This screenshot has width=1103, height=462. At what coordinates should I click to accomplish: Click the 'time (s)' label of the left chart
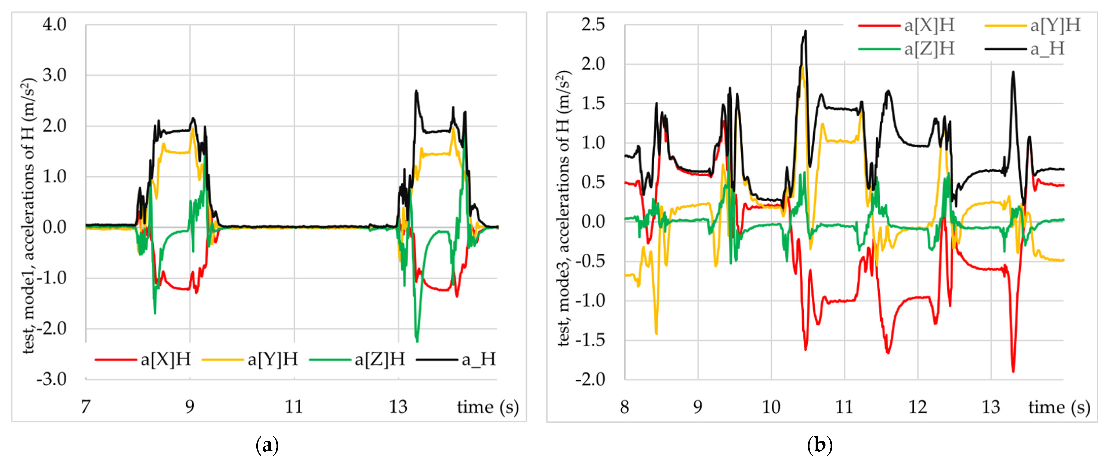488,406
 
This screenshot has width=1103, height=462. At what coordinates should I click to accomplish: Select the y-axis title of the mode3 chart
564,208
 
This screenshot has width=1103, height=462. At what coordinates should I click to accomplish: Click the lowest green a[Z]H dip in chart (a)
417,341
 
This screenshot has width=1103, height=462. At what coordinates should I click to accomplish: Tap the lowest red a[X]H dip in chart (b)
1013,371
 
